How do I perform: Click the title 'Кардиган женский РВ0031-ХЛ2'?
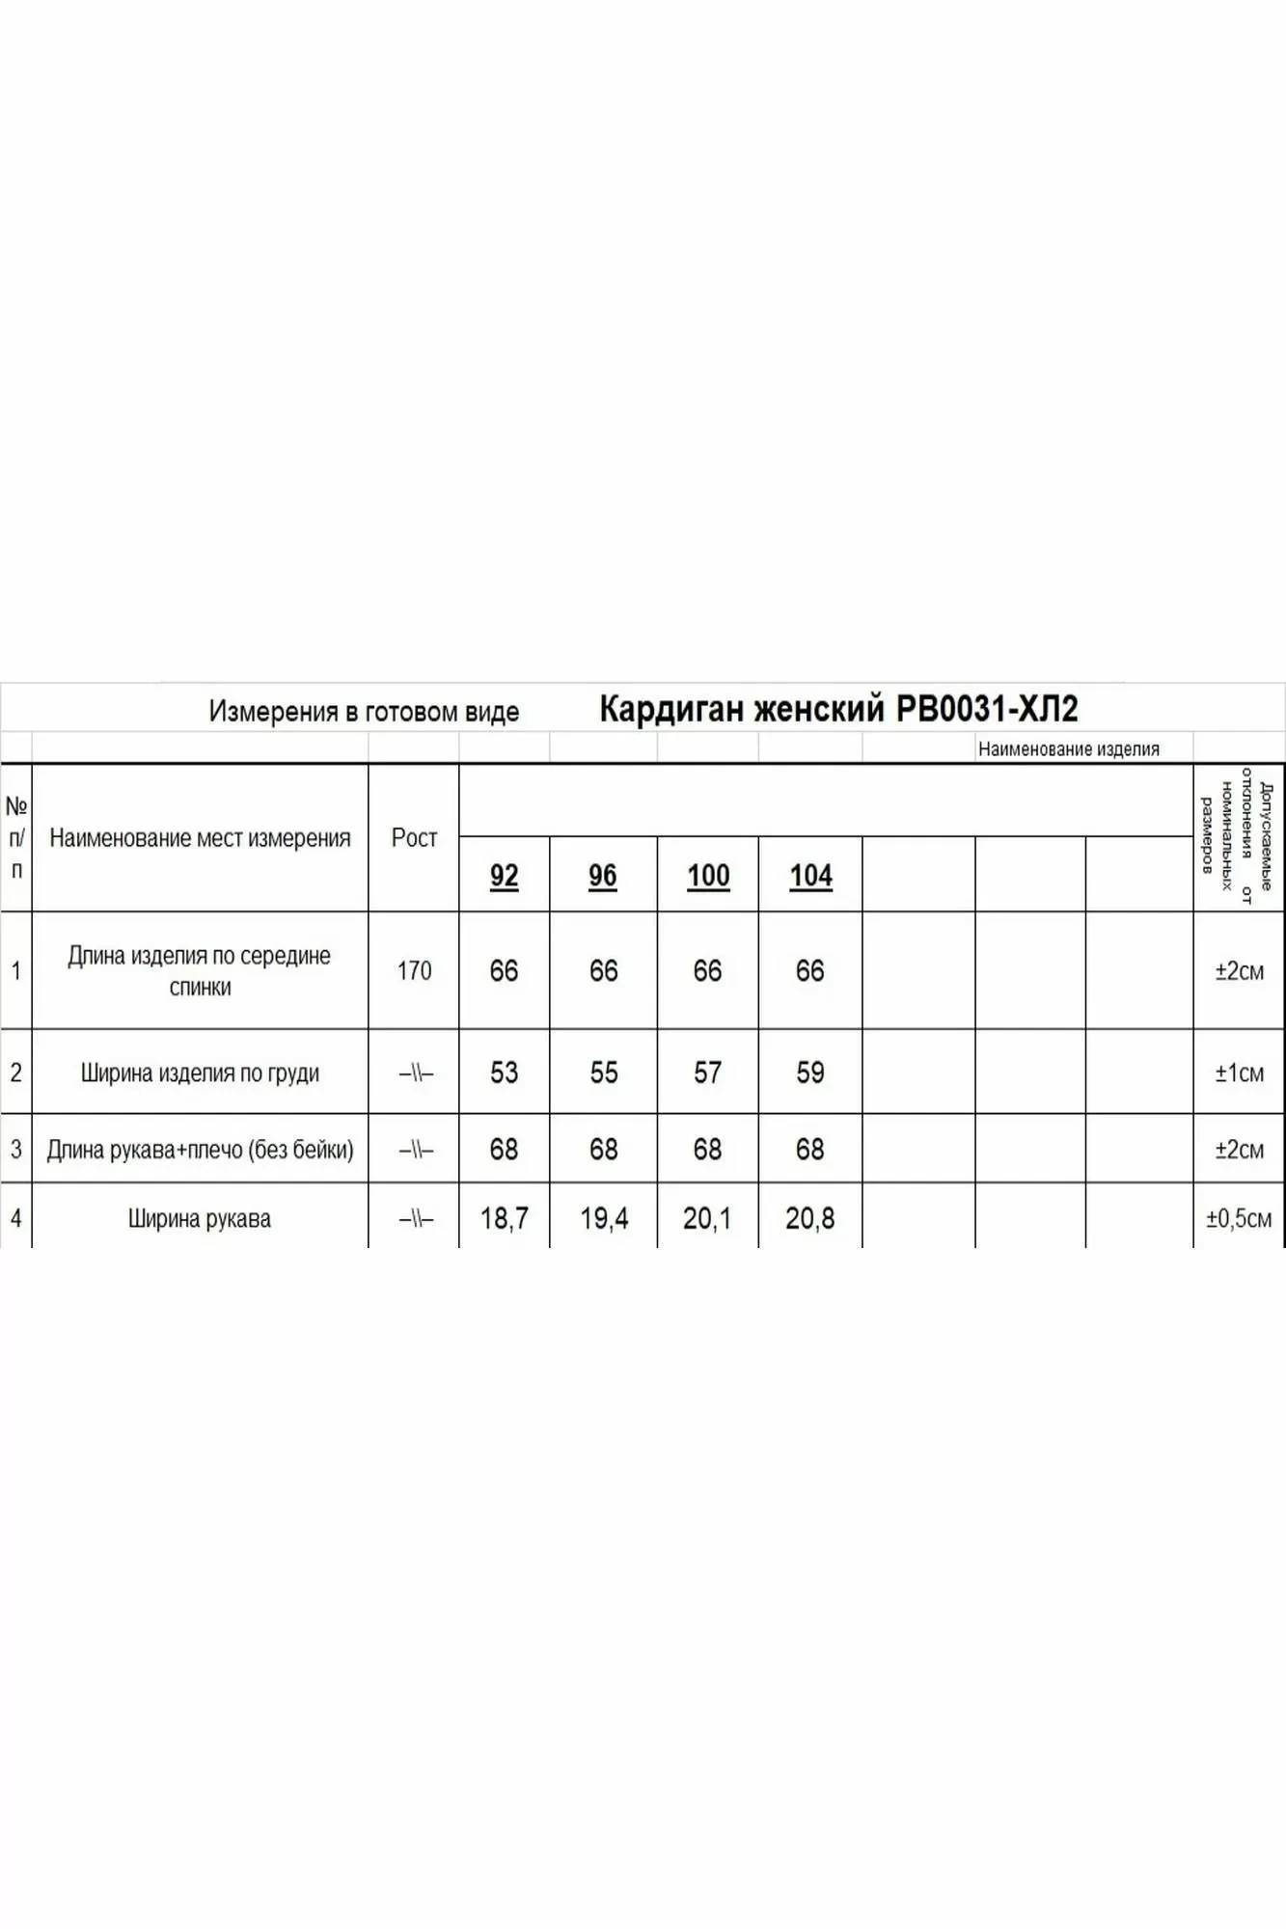click(837, 709)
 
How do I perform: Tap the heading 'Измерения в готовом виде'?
click(364, 712)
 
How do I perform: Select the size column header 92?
click(504, 876)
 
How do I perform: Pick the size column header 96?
click(603, 876)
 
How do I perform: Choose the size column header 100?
click(708, 876)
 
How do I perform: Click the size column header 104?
click(810, 876)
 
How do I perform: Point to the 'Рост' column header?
click(414, 838)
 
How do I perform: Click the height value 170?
click(414, 970)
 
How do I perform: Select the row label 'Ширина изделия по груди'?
click(200, 1073)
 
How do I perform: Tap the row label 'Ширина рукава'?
click(200, 1219)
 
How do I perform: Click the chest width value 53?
click(504, 1073)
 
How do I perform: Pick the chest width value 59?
click(810, 1073)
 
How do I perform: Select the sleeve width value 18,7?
click(504, 1219)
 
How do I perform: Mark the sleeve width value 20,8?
click(810, 1219)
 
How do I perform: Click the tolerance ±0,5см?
click(1239, 1219)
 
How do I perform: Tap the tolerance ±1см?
click(1239, 1073)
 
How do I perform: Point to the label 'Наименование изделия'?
click(1068, 749)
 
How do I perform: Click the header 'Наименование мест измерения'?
click(200, 838)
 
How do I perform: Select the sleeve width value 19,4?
click(604, 1219)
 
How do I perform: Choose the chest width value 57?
click(707, 1073)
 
